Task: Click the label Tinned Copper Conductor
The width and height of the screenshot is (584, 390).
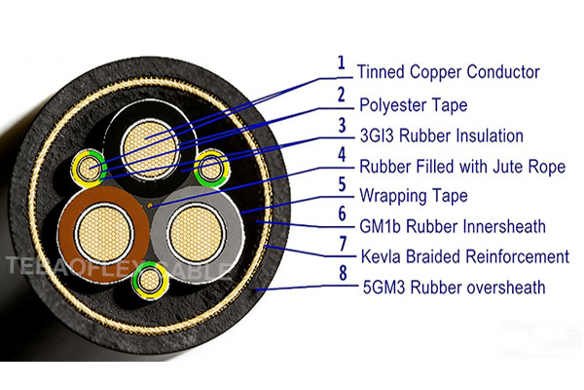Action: click(x=448, y=72)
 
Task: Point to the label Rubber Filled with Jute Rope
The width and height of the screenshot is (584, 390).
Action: click(x=461, y=167)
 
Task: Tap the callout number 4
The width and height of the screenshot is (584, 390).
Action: click(x=342, y=155)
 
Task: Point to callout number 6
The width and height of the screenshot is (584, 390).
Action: click(x=342, y=214)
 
